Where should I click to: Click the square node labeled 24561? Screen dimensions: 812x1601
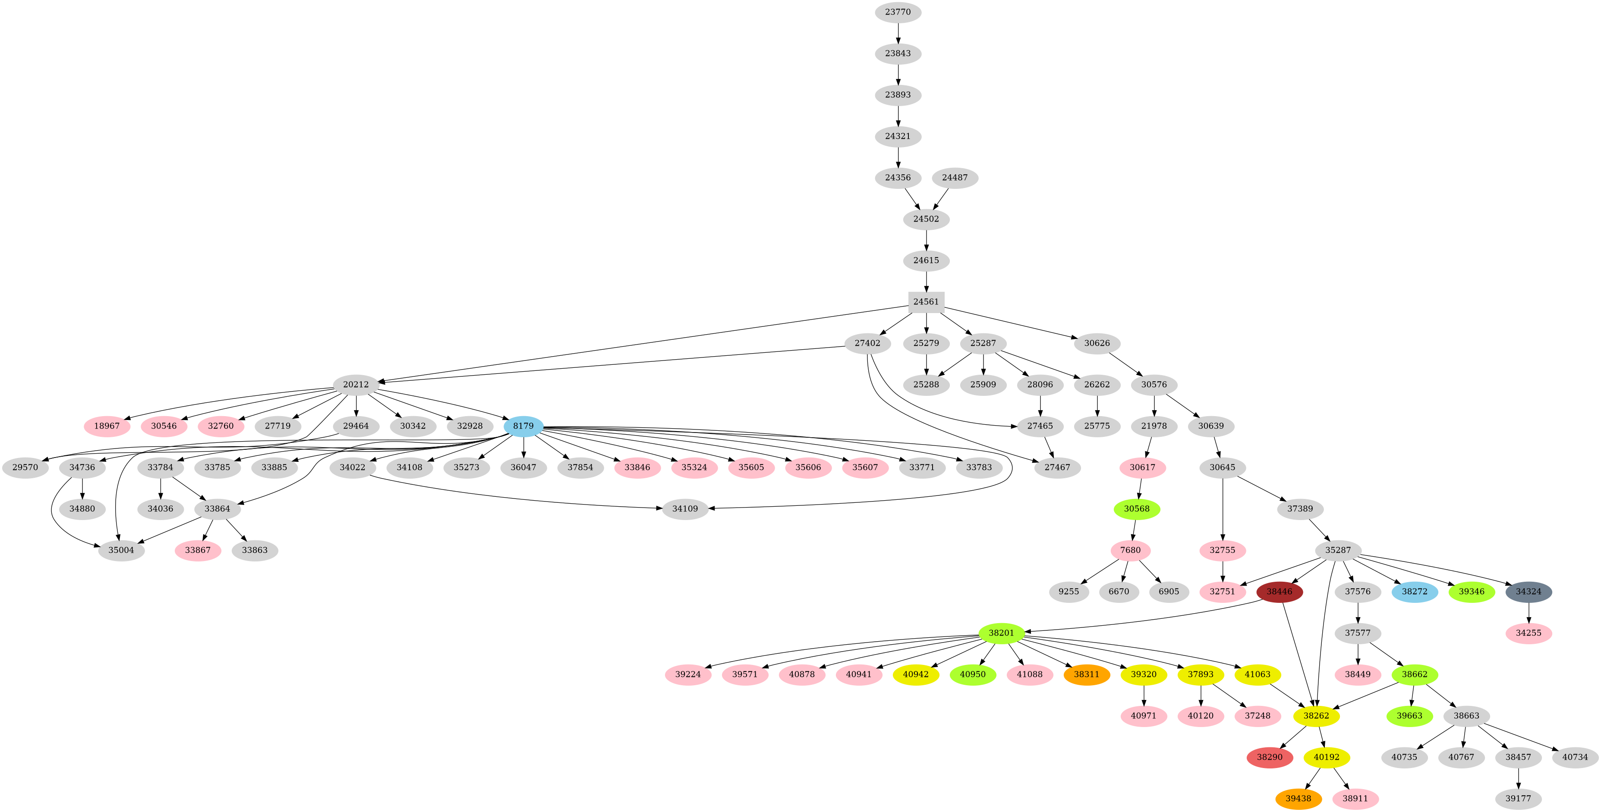coord(926,302)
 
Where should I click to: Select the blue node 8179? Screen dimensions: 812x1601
coord(523,426)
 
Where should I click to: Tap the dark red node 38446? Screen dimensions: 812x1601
coord(1279,592)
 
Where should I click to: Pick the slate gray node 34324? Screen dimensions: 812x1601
coord(1528,592)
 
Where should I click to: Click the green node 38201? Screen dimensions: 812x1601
coord(1001,633)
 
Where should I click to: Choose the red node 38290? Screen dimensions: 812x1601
coord(1269,757)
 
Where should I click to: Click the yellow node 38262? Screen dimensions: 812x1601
coord(1316,716)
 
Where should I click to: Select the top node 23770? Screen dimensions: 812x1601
coord(898,12)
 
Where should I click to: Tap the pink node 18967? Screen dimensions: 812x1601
coord(107,426)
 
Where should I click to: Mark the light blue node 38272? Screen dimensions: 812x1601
coord(1415,592)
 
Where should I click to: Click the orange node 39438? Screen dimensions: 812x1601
coord(1298,798)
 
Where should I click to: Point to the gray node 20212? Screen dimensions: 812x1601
coord(356,385)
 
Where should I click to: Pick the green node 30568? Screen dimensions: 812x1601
coord(1137,509)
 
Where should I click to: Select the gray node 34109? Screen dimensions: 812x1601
coord(685,509)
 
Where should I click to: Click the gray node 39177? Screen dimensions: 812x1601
coord(1518,798)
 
